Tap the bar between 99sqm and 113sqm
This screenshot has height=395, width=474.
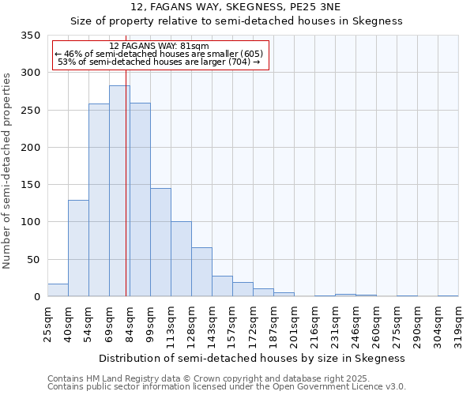click(160, 242)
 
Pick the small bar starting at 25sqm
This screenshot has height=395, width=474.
click(58, 290)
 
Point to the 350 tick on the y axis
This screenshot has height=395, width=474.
click(31, 36)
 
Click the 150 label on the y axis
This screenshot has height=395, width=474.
click(31, 185)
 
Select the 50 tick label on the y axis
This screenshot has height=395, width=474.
click(34, 260)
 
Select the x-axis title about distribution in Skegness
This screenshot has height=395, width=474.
click(252, 358)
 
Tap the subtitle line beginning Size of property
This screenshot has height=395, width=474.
click(236, 21)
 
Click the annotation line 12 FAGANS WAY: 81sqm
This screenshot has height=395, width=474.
click(159, 47)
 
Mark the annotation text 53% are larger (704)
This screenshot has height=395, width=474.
click(159, 62)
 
